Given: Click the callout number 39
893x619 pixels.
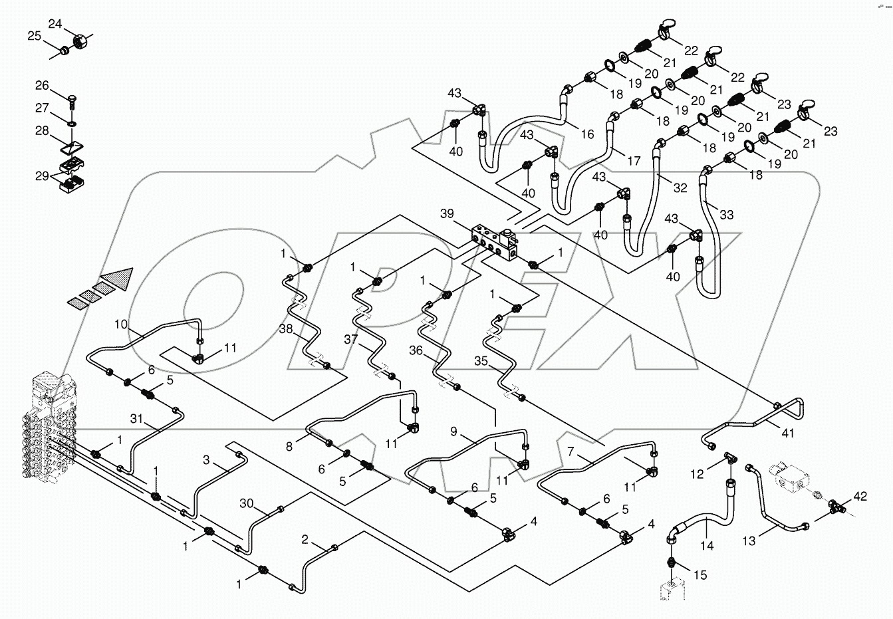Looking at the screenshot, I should point(447,213).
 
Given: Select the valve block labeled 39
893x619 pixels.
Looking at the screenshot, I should point(495,243).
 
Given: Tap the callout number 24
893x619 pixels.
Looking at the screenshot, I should point(55,24).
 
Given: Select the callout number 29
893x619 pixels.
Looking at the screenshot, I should point(42,176).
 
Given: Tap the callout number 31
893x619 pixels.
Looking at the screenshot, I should point(136,418).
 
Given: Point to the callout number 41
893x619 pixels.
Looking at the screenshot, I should point(788,432).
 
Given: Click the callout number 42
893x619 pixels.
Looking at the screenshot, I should point(860,495).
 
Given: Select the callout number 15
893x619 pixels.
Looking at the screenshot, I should point(701,574).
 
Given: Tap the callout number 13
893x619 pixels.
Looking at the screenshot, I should point(749,541).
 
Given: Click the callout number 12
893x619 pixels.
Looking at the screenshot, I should point(696,474).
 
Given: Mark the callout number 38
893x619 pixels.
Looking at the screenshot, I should point(285,328).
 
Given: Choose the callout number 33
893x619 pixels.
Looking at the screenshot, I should point(726,215).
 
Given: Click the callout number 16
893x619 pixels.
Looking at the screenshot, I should point(586,134).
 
